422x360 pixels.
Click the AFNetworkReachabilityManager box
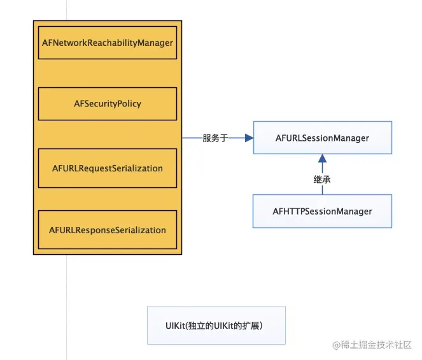(108, 43)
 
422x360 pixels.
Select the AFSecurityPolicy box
(108, 104)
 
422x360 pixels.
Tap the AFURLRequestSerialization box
(108, 168)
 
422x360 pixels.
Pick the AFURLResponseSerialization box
(108, 230)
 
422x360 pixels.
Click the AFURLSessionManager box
(323, 138)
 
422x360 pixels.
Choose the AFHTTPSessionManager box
(322, 212)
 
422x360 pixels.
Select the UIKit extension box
(216, 325)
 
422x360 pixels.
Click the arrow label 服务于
(215, 138)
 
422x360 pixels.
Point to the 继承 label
(322, 179)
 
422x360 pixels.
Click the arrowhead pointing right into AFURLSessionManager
(250, 138)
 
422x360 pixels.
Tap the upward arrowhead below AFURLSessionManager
(323, 158)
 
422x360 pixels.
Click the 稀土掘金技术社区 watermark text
(376, 345)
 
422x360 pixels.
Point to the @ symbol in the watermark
(337, 345)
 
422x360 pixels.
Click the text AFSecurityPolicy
(108, 104)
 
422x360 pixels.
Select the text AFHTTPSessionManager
(323, 212)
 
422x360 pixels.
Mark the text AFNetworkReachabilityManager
(108, 43)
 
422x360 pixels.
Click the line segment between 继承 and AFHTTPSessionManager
(323, 189)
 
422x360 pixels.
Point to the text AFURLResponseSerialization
(108, 230)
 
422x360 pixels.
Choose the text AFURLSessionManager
(323, 138)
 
